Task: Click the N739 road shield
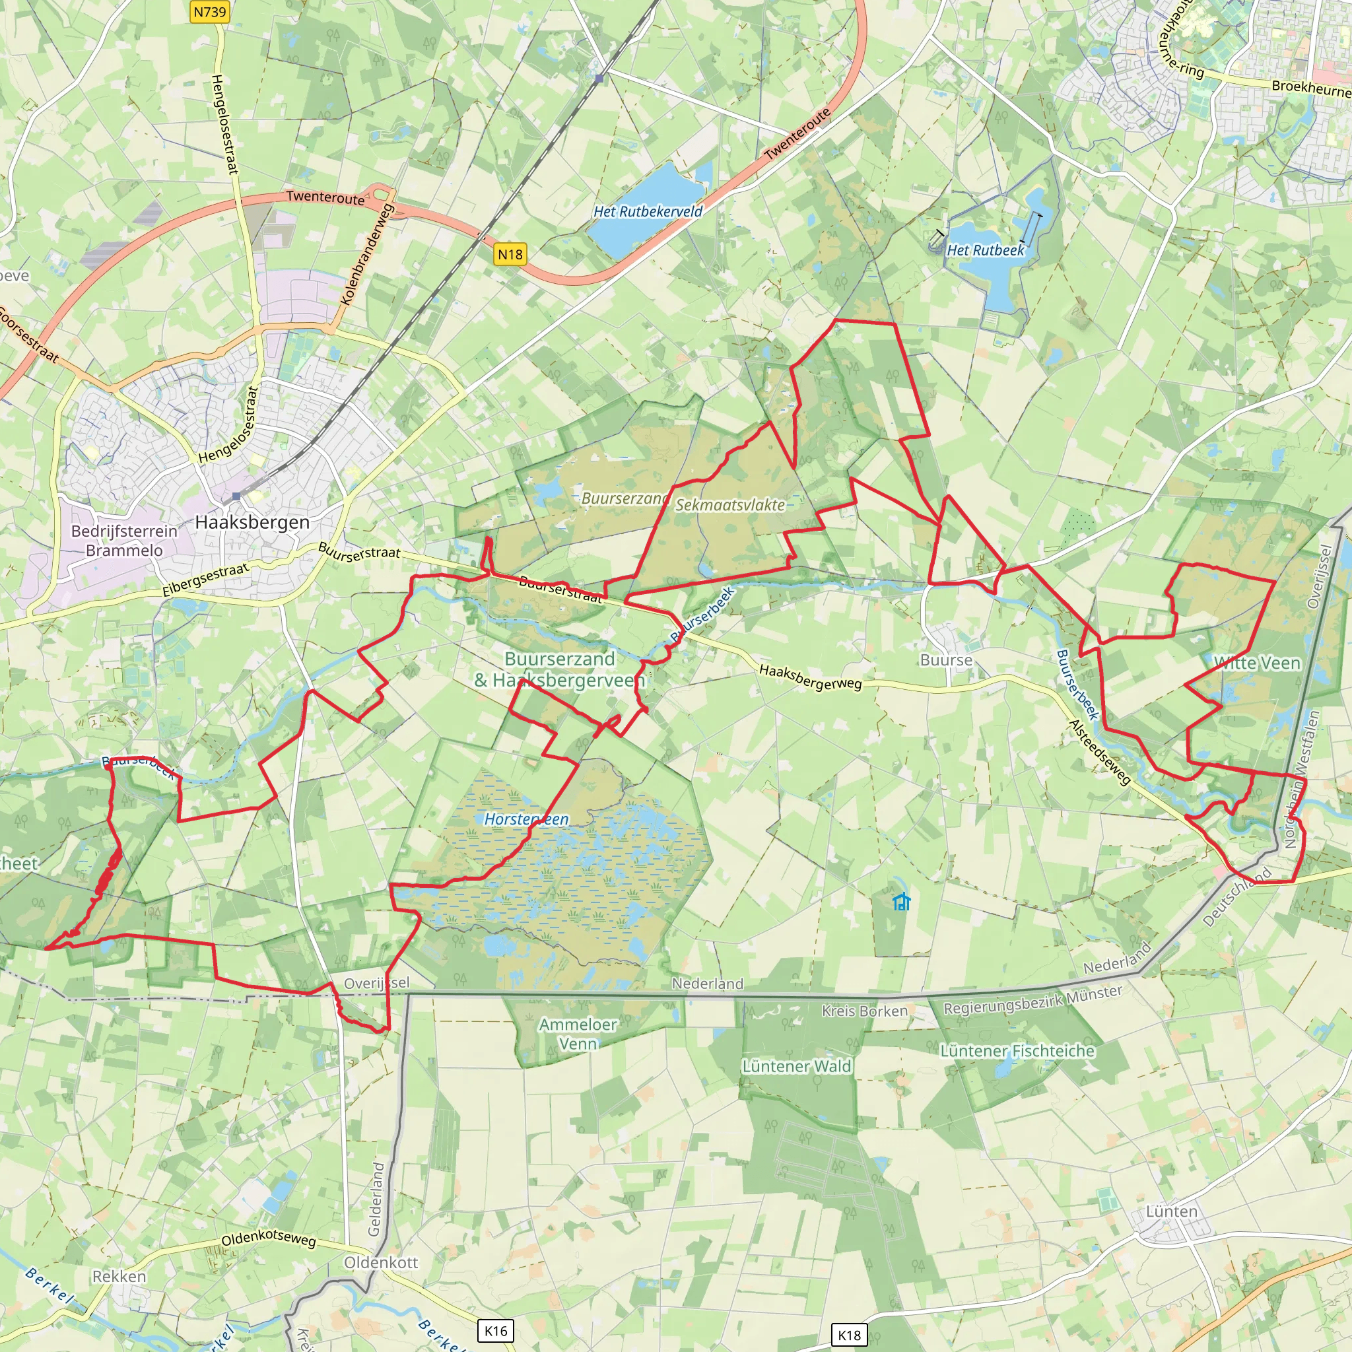coord(209,12)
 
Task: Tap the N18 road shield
coord(510,254)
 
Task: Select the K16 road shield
coord(496,1330)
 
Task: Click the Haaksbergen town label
coord(252,522)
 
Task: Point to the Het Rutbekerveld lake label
coord(648,211)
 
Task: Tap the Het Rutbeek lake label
coord(986,250)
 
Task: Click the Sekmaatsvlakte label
coord(730,504)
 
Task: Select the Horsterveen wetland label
coord(526,819)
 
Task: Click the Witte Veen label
coord(1257,663)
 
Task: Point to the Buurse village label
coord(946,660)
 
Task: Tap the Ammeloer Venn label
coord(578,1034)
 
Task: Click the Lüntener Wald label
coord(797,1065)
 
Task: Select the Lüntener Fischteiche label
coord(1017,1050)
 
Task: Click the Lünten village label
coord(1172,1211)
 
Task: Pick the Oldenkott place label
coord(381,1262)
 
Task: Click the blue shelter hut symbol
coord(902,902)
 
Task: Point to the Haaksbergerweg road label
coord(811,677)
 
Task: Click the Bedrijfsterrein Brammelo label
coord(124,540)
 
